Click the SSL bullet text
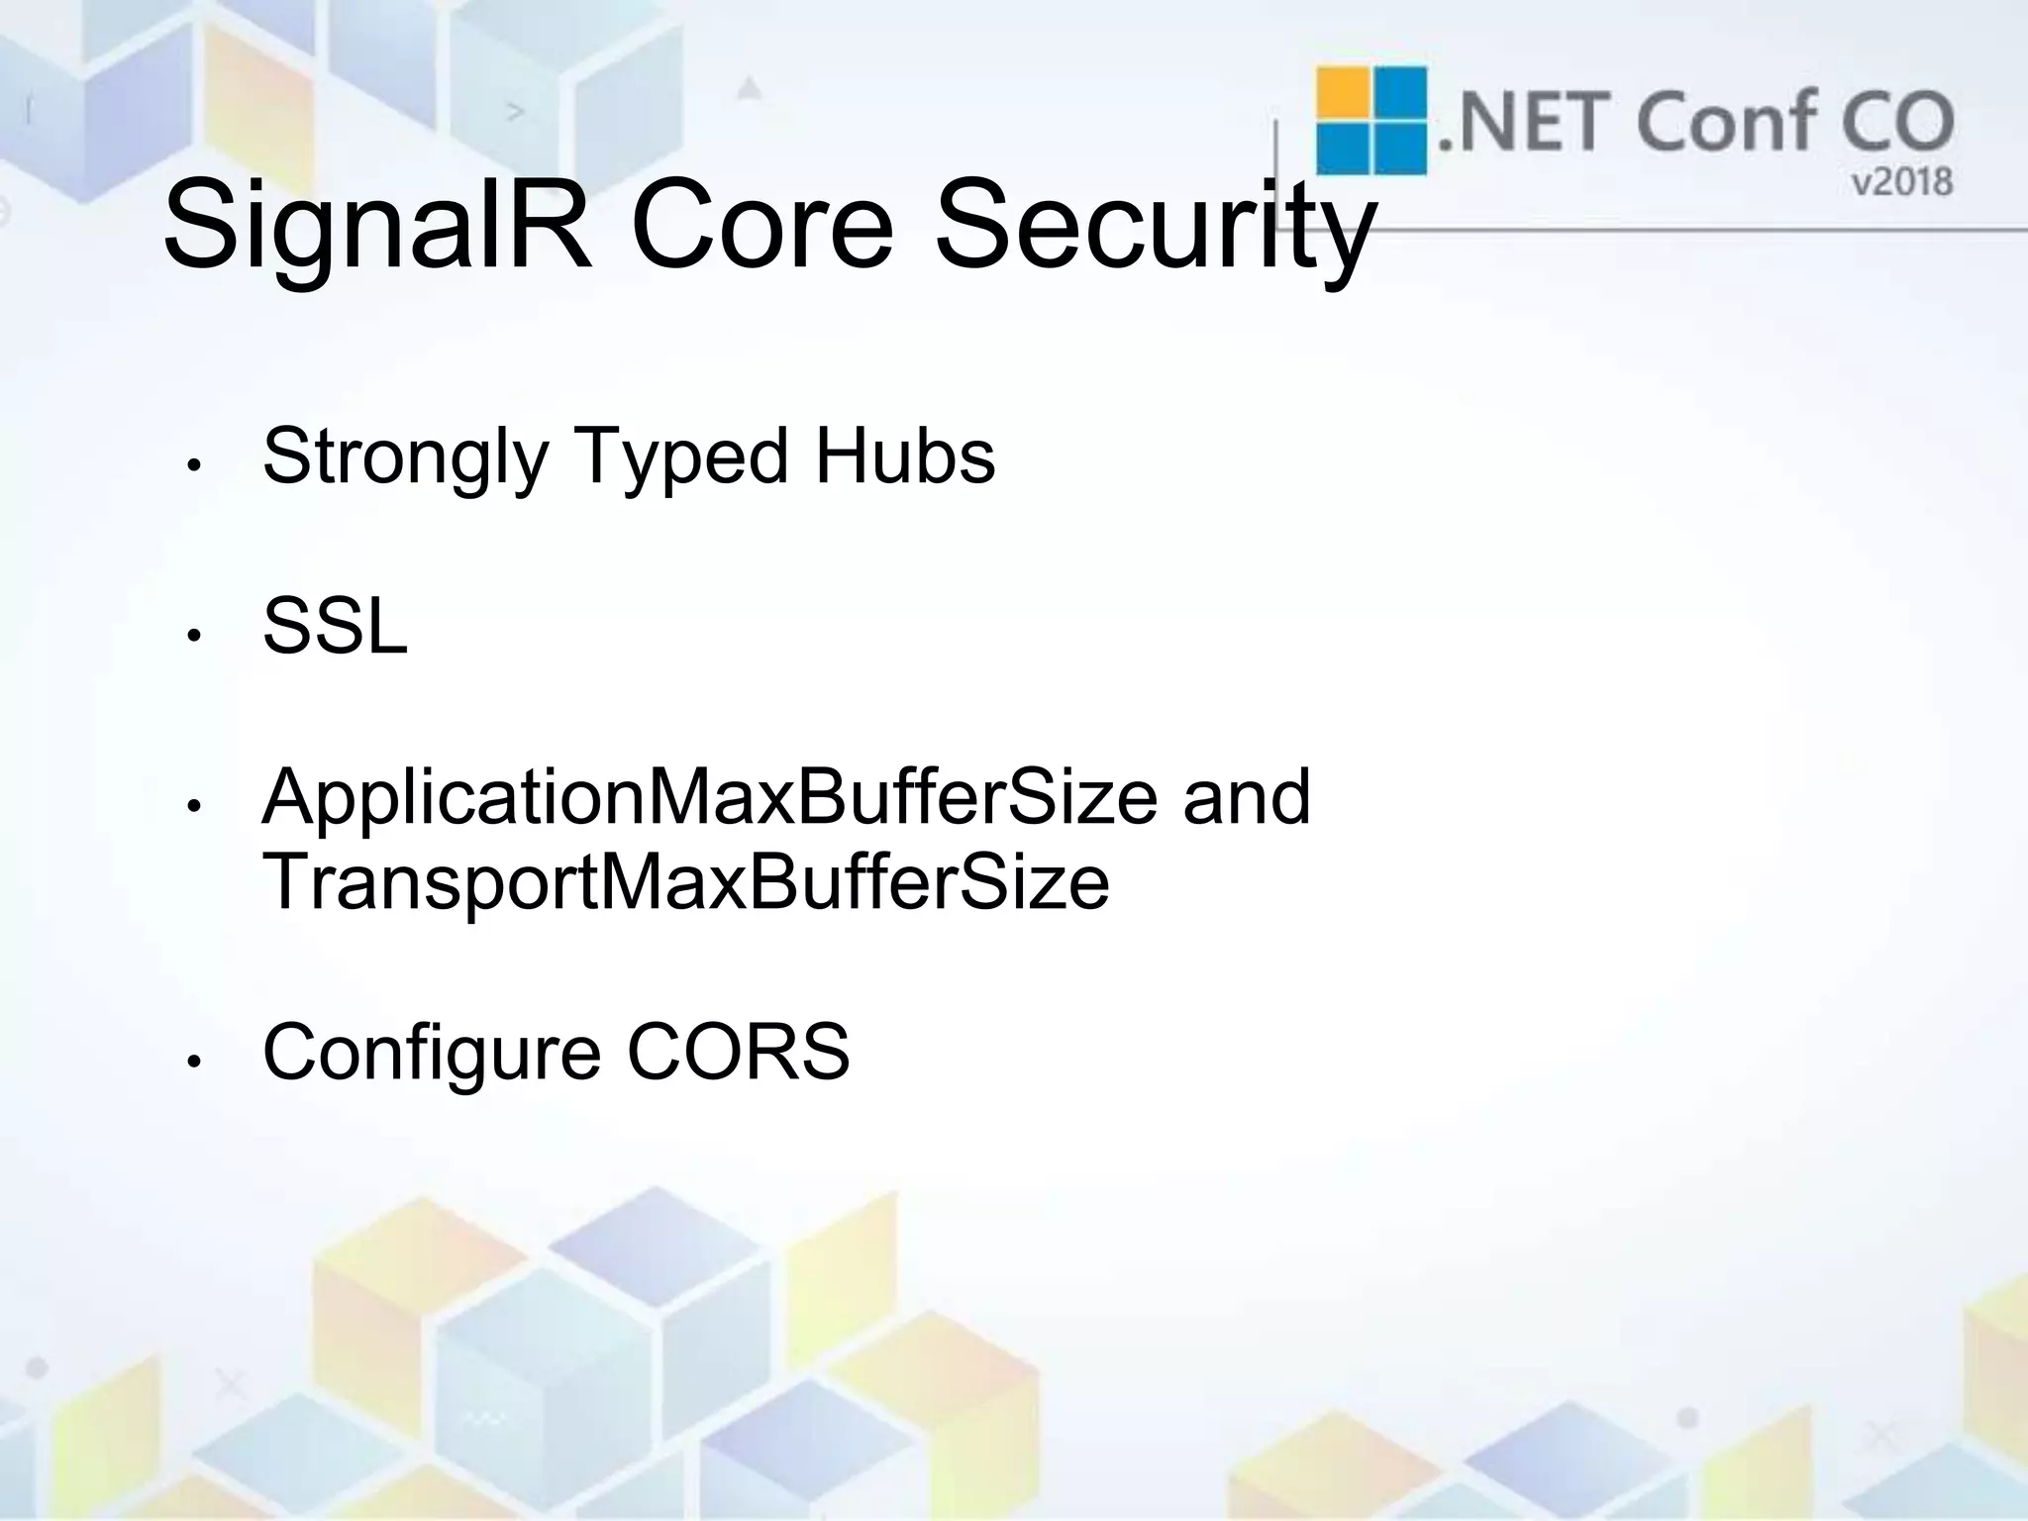[335, 627]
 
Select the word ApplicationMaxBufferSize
[709, 798]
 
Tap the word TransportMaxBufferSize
[685, 882]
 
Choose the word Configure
[432, 1054]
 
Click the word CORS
[738, 1052]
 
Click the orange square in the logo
[1343, 93]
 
